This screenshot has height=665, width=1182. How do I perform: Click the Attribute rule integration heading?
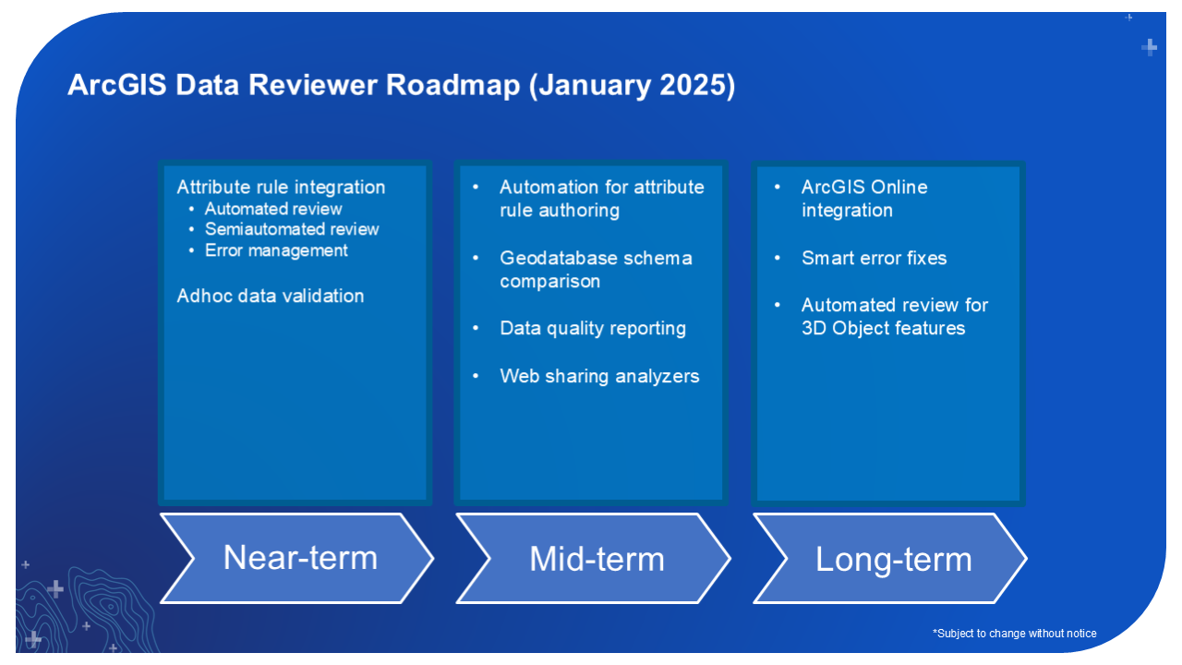pos(281,187)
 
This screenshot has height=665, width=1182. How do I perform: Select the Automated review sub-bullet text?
pos(273,209)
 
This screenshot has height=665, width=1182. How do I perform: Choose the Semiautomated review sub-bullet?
pos(292,229)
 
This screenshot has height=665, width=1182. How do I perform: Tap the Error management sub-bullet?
pos(276,250)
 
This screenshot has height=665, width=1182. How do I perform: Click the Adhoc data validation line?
pos(271,296)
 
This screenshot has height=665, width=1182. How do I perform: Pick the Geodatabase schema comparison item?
pos(596,269)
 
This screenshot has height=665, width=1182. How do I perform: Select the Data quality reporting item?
pos(593,328)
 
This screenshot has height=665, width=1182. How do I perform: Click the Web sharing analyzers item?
pos(599,376)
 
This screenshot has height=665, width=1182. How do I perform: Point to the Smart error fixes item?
pos(874,258)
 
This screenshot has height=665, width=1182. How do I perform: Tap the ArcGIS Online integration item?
pos(863,198)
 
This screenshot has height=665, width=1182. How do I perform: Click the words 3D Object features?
pos(883,328)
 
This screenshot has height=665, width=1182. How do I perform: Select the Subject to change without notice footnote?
pos(1015,634)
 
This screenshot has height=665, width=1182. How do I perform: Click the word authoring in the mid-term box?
pos(580,211)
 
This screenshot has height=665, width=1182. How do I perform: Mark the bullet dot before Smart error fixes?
pos(778,258)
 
